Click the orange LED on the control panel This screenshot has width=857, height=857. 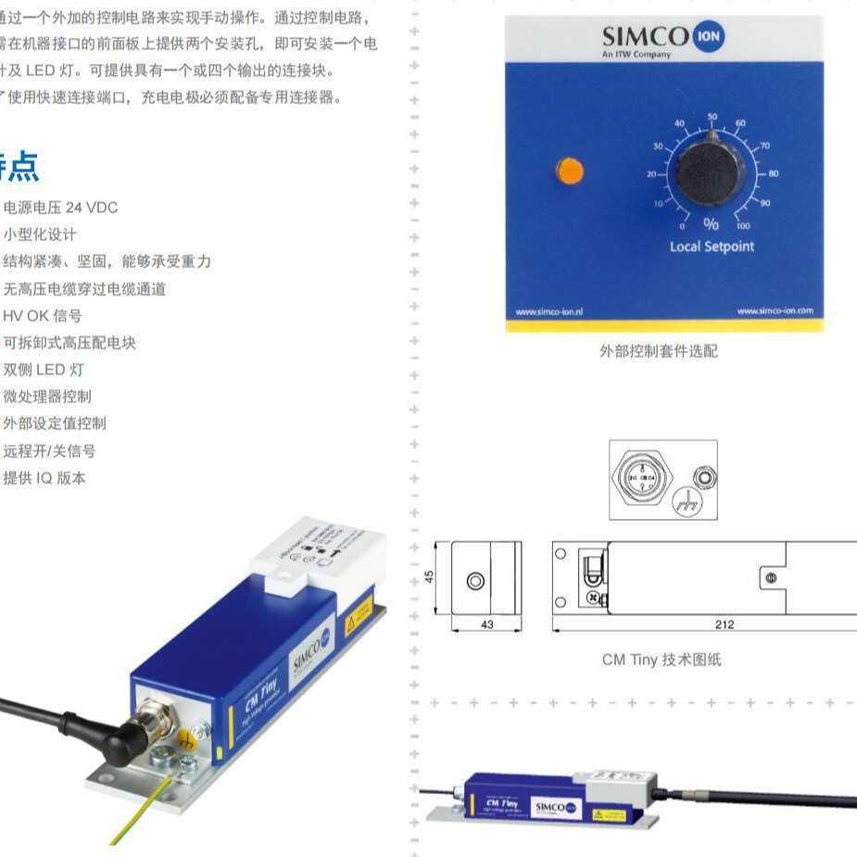point(570,171)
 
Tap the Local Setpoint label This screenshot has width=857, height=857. point(712,246)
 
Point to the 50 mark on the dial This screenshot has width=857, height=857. point(712,117)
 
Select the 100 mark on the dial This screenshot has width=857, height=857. point(743,225)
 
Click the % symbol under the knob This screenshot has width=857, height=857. point(711,224)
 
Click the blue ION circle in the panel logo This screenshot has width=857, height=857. point(709,36)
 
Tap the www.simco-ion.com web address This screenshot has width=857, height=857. point(775,311)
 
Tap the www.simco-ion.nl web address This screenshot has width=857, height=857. point(548,311)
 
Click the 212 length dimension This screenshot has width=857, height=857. point(725,624)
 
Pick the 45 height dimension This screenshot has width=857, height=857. point(429,576)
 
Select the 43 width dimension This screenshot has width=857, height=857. point(487,624)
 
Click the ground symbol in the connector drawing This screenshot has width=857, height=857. point(687,500)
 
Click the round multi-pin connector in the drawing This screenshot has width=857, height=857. point(640,478)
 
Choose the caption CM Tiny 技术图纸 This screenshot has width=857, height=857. point(662,660)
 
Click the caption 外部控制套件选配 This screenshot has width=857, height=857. point(658,351)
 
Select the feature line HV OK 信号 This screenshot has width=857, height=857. point(43,316)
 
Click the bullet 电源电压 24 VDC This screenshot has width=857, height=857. point(61,208)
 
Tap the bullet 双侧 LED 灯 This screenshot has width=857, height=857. point(44,370)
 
